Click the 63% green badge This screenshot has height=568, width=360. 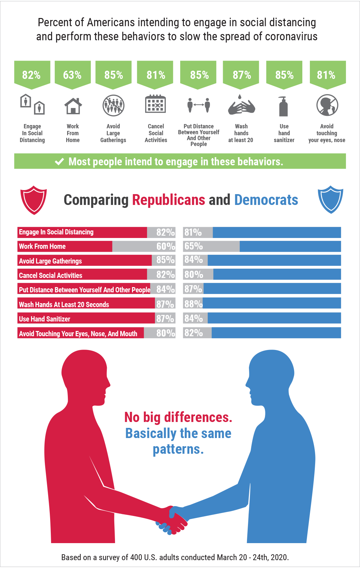tap(72, 75)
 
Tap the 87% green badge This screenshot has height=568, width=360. tap(242, 75)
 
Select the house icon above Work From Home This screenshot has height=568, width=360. tap(73, 106)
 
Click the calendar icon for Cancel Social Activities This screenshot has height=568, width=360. tap(156, 104)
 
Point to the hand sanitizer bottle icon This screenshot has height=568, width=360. tap(283, 106)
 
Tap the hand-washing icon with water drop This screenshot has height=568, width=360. tap(241, 105)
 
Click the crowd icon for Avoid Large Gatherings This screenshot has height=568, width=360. tap(113, 105)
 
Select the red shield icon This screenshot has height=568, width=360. tap(33, 200)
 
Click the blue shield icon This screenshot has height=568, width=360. tap(331, 199)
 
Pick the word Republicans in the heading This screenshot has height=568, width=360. tap(169, 200)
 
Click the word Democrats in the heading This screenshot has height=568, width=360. tap(266, 200)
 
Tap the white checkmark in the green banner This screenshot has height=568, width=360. tap(59, 161)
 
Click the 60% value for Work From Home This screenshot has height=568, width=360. tap(166, 246)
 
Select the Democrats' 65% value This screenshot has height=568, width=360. tap(194, 246)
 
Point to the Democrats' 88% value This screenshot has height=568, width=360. tap(193, 304)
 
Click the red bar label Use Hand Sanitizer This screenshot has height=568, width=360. tap(45, 319)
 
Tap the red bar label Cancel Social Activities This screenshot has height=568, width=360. tap(50, 275)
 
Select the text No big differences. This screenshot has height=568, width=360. tap(178, 417)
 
